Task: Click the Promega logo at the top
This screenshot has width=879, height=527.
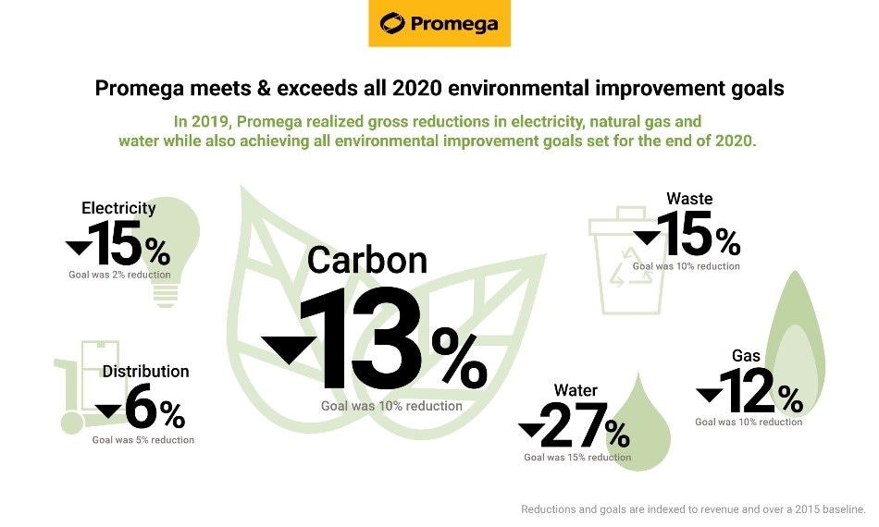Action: [439, 23]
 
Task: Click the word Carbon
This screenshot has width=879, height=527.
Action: [367, 260]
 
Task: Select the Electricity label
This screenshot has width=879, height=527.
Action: [118, 208]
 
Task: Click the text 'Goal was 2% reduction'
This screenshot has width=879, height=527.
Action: [119, 275]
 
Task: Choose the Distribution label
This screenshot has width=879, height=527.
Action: [145, 371]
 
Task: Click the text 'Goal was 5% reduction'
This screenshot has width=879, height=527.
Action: [143, 440]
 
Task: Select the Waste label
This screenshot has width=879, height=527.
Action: [689, 198]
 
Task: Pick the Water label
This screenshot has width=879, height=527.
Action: [575, 389]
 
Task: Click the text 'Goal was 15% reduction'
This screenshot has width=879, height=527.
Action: [577, 457]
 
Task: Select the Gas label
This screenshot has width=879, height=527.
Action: [746, 356]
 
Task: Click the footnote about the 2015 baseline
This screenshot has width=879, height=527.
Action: [693, 509]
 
